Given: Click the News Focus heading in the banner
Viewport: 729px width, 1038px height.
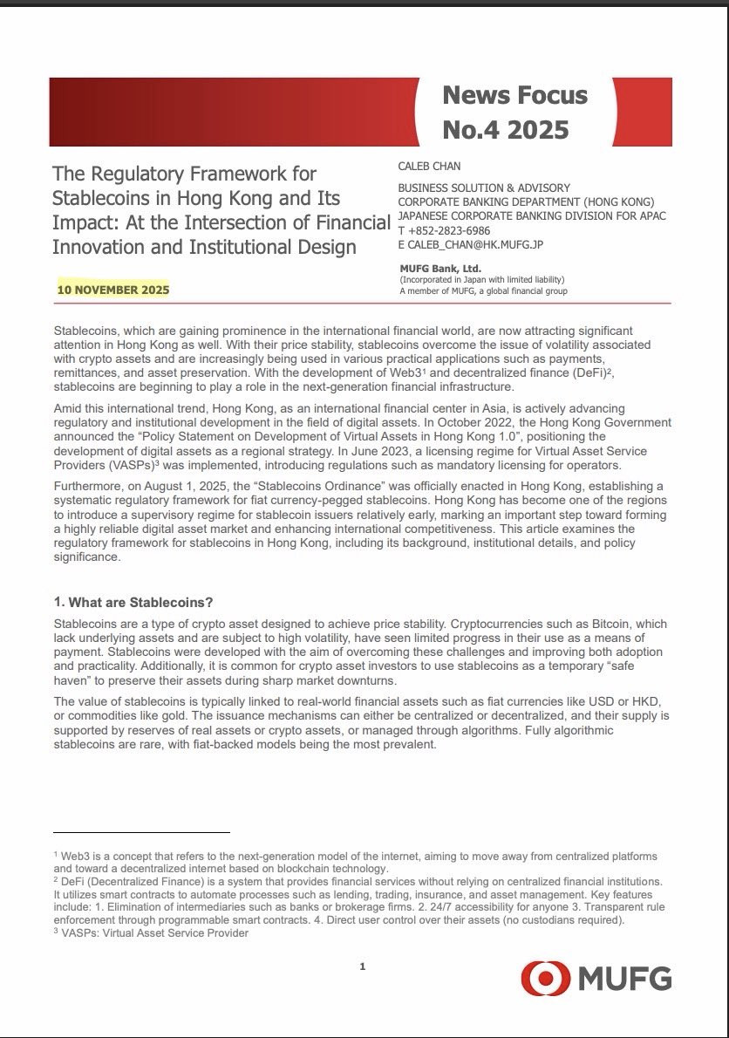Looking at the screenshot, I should pyautogui.click(x=514, y=95).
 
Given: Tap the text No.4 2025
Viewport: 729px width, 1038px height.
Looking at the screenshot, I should pyautogui.click(x=505, y=130).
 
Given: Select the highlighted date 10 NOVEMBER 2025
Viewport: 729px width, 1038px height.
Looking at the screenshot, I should pyautogui.click(x=113, y=290).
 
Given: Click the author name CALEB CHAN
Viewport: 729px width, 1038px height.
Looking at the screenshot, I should pyautogui.click(x=430, y=167).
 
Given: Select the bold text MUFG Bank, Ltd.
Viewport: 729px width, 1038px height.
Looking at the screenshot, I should pyautogui.click(x=440, y=269).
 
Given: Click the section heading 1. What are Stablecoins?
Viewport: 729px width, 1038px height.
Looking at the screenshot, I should pyautogui.click(x=133, y=603).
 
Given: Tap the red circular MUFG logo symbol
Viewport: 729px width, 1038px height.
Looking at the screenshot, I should pyautogui.click(x=545, y=979).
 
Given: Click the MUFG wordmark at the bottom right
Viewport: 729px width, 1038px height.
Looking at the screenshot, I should pyautogui.click(x=624, y=979).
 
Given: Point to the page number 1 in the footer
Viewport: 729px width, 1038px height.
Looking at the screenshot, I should pyautogui.click(x=362, y=966).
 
